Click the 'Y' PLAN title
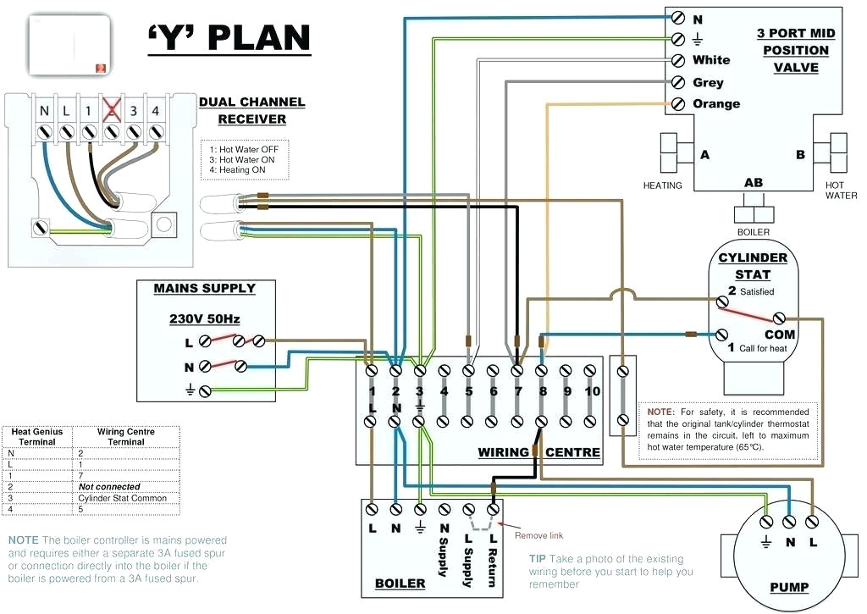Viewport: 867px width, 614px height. [229, 37]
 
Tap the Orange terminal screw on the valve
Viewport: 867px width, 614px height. [677, 104]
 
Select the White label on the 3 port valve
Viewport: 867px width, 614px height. [710, 60]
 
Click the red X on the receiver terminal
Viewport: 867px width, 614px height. [110, 110]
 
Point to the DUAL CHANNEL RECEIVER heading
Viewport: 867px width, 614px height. [251, 111]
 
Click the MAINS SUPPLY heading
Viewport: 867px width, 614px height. [204, 289]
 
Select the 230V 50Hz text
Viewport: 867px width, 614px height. [204, 319]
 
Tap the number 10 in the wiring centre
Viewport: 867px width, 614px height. [592, 391]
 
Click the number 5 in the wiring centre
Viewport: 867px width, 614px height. [468, 391]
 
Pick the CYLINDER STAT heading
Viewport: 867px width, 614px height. [753, 266]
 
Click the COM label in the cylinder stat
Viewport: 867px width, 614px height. [780, 335]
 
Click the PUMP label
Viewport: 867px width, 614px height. [789, 587]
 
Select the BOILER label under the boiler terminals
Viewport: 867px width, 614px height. [400, 584]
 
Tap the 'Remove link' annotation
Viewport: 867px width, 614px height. [538, 535]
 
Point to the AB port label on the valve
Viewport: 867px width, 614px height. [753, 183]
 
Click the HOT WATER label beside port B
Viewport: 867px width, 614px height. [835, 191]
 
